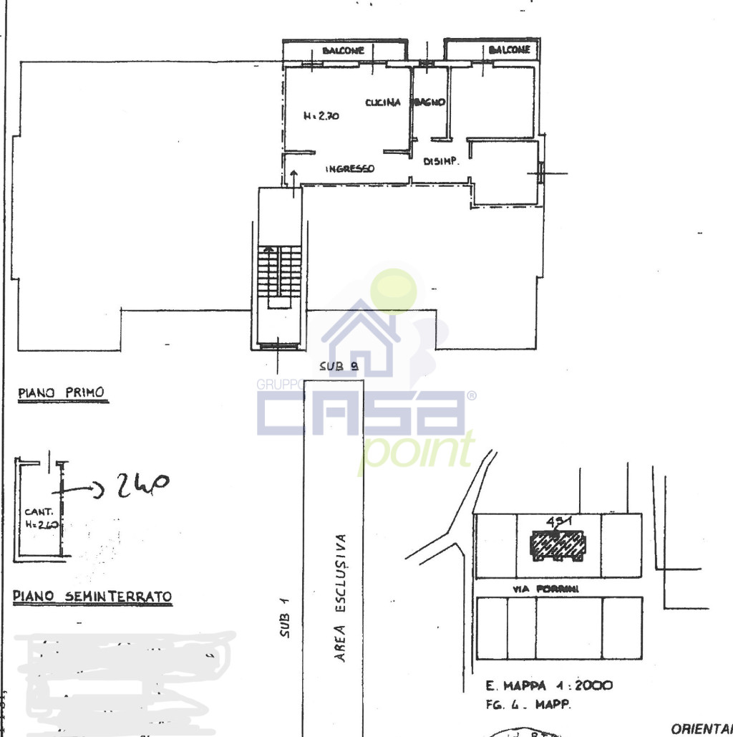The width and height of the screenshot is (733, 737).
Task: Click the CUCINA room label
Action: pos(383,102)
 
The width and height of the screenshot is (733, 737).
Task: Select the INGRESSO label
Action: pos(350,169)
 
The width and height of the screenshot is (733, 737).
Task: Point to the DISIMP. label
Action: pos(440,162)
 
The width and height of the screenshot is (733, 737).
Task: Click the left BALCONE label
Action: pos(344,51)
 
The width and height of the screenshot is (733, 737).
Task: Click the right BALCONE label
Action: pos(510,50)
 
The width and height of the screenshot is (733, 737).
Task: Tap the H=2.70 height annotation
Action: pos(321,116)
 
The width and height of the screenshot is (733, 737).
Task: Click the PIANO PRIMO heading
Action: pos(61,392)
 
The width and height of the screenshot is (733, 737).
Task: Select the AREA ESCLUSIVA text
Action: pos(341,597)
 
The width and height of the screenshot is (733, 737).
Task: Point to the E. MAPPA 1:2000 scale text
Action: pos(544,685)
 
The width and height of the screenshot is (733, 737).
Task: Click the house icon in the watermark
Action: pos(361,339)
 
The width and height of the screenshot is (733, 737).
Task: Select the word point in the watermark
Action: pos(417,451)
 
